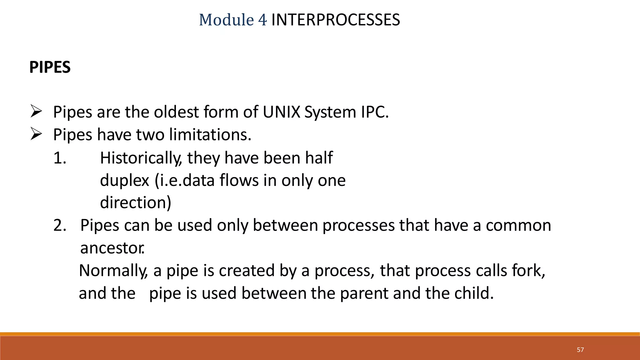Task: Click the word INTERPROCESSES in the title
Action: [x=335, y=20]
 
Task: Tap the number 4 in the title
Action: [x=262, y=20]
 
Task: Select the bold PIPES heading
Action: [x=50, y=67]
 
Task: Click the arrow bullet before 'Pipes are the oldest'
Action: [x=36, y=112]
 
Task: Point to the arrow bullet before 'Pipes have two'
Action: [x=36, y=134]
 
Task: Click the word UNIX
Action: [x=281, y=112]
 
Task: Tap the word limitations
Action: [x=210, y=135]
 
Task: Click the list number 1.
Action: [x=59, y=158]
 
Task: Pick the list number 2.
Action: [x=59, y=225]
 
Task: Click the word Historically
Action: [x=141, y=158]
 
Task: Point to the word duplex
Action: [x=124, y=181]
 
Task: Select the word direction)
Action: [x=136, y=202]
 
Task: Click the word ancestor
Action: [x=112, y=248]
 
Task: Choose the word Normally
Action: [x=113, y=271]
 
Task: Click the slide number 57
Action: [x=580, y=350]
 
